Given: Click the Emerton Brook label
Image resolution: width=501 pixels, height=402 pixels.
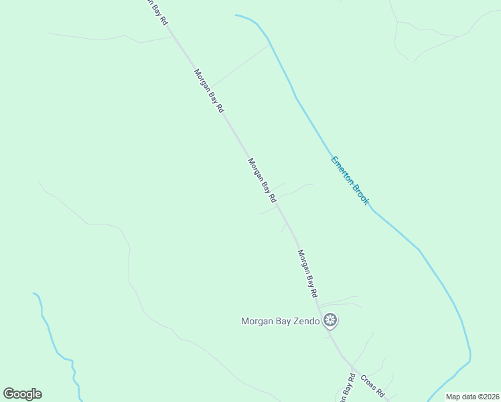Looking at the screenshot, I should coord(350,180).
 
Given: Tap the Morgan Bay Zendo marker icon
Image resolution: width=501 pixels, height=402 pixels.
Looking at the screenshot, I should coord(330,321).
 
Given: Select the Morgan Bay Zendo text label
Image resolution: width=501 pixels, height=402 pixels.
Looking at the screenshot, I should coord(281,321).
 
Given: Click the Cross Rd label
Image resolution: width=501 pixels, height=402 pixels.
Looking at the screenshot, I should coord(372,384).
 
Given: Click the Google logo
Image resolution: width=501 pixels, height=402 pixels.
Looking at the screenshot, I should coord(22,394).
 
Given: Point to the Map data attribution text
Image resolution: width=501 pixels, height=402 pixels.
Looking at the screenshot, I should coord(472,397).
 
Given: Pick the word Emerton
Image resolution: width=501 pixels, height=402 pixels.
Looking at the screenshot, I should coord(342,170).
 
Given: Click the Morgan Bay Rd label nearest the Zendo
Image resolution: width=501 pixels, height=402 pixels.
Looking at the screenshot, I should coord(307,273).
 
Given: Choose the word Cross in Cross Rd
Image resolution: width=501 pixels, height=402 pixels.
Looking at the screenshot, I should coord(368,380).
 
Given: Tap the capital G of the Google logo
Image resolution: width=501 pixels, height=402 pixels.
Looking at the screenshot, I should coord(9,394).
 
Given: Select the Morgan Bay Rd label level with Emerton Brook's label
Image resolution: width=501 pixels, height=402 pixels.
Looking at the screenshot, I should coord(262,180).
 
